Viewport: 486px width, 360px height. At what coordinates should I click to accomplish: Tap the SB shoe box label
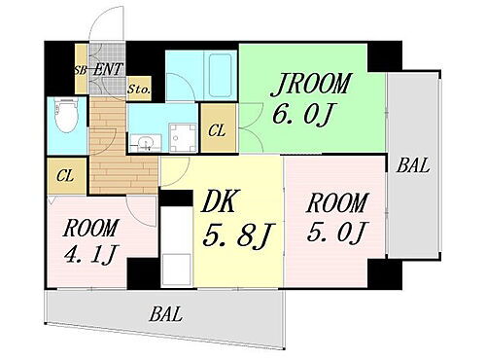[81, 70]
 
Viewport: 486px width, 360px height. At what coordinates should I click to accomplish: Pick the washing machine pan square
[181, 139]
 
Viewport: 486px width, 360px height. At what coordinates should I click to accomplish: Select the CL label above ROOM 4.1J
[64, 176]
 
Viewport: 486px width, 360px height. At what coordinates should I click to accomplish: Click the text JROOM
[311, 83]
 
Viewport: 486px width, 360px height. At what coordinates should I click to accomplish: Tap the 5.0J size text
[336, 234]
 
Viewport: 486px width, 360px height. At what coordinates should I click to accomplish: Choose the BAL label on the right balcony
[412, 166]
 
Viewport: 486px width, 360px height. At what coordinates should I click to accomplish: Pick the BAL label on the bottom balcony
[167, 314]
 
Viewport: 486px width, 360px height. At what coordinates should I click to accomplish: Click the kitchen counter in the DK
[176, 243]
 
